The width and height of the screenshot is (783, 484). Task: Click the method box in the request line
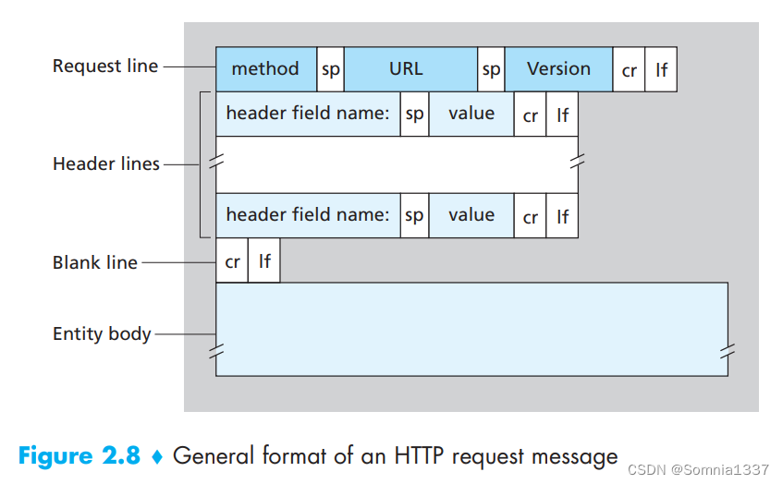tap(266, 69)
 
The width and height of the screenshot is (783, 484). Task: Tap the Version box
tap(558, 69)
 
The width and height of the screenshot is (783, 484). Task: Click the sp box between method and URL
tap(331, 69)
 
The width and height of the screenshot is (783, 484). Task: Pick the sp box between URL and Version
tap(491, 69)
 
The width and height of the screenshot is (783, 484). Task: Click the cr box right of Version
tap(629, 69)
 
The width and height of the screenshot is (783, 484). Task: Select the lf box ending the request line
tap(661, 69)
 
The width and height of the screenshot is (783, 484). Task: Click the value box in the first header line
tap(471, 114)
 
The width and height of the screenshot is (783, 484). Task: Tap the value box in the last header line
tap(471, 215)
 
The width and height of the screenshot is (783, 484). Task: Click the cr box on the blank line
tap(232, 260)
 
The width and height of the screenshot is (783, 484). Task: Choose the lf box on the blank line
tap(264, 260)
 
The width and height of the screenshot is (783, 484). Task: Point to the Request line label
tap(105, 66)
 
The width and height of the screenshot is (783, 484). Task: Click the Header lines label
tap(106, 163)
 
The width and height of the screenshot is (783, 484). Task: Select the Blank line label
tap(95, 262)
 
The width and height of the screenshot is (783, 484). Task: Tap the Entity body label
tap(102, 333)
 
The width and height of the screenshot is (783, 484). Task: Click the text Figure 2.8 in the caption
tap(80, 456)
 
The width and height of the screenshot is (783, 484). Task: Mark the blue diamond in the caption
tap(157, 456)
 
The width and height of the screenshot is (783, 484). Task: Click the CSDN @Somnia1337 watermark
tap(698, 469)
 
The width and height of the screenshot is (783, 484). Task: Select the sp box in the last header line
tap(414, 215)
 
